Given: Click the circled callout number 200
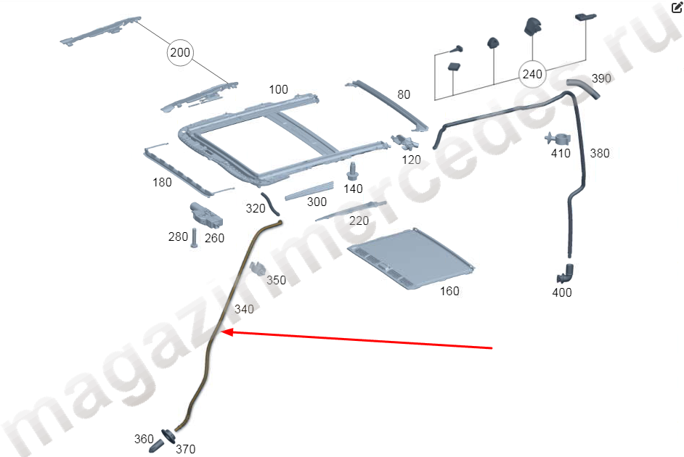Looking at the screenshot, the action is point(180,52).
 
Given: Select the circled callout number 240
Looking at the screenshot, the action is point(532,74).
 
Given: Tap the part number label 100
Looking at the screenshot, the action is point(278,89).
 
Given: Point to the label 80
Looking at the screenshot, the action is point(404,94).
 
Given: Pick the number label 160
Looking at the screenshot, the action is point(449,291).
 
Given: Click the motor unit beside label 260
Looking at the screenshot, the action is point(206,215).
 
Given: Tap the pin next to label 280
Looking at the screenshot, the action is point(194,238).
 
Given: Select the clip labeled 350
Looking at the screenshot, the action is point(258,268).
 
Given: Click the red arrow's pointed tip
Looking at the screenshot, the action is point(222,332).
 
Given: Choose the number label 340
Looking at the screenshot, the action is point(244,309).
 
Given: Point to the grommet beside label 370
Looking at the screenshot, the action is point(168,436).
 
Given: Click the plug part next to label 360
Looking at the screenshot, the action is point(157,447).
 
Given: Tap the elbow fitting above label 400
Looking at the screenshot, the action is point(565,274).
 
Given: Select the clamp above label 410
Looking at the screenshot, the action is point(558,139).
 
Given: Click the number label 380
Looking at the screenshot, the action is point(599,153).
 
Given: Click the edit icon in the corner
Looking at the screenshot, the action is point(677,7).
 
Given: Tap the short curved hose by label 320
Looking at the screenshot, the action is point(269,204).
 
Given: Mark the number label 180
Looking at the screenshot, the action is point(162,182).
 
